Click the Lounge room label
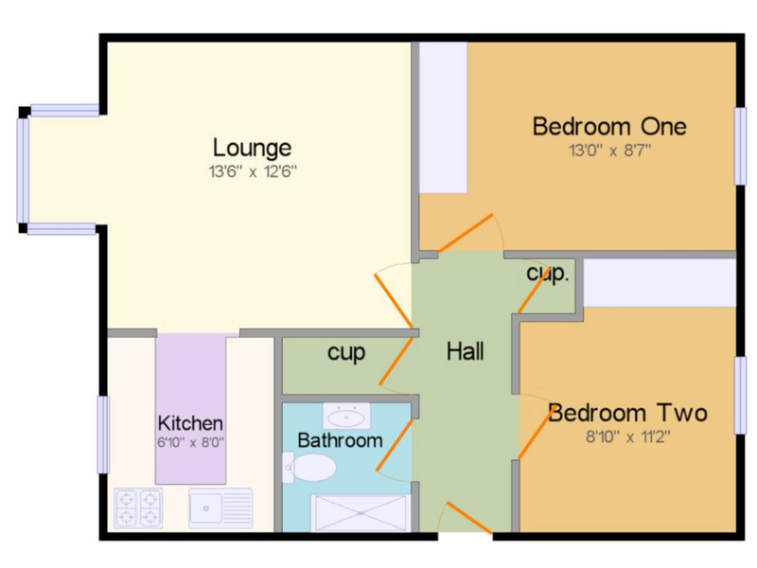click(252, 149)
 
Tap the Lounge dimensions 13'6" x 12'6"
click(253, 171)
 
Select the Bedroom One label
click(609, 127)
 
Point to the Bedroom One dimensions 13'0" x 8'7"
click(610, 151)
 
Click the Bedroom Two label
click(627, 413)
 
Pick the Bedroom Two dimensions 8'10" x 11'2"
click(628, 437)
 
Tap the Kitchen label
click(191, 423)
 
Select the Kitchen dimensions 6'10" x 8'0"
click(191, 442)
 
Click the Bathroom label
click(340, 440)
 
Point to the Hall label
click(465, 351)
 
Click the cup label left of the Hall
click(346, 353)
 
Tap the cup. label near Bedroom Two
click(548, 274)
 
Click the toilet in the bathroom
click(309, 467)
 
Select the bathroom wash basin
click(346, 416)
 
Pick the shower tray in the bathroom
click(361, 513)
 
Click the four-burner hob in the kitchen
click(138, 507)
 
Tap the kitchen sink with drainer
click(220, 508)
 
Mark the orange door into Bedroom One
click(466, 233)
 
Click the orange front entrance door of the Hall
click(468, 518)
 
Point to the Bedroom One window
click(741, 146)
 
